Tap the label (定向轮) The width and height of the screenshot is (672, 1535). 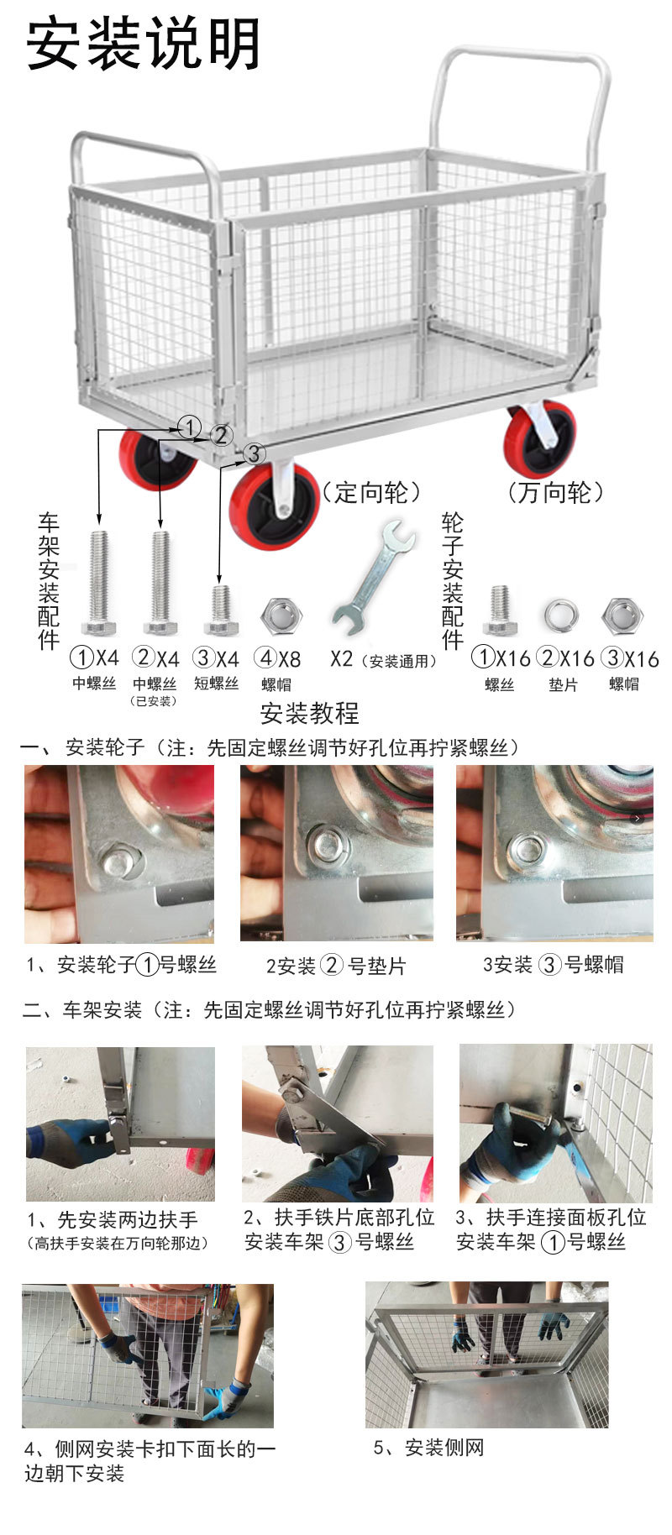[371, 492]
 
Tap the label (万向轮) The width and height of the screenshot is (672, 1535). [554, 492]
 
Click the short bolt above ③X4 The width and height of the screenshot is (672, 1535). [221, 610]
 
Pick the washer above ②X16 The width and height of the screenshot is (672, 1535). [560, 617]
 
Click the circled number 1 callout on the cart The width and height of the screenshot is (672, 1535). [192, 427]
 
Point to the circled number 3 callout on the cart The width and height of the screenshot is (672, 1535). [254, 453]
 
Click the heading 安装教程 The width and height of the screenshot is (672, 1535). [310, 713]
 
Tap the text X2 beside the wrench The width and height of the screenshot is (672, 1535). [342, 659]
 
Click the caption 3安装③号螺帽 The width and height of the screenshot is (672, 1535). [553, 965]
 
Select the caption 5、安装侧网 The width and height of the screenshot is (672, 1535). [429, 1448]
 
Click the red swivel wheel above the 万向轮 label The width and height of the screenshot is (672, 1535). [539, 440]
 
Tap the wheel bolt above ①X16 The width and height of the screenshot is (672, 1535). [500, 610]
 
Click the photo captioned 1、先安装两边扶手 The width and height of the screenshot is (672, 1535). [120, 1124]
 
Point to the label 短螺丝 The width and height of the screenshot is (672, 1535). [217, 684]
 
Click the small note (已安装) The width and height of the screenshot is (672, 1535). [154, 701]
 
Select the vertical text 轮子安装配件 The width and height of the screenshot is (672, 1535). [453, 581]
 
